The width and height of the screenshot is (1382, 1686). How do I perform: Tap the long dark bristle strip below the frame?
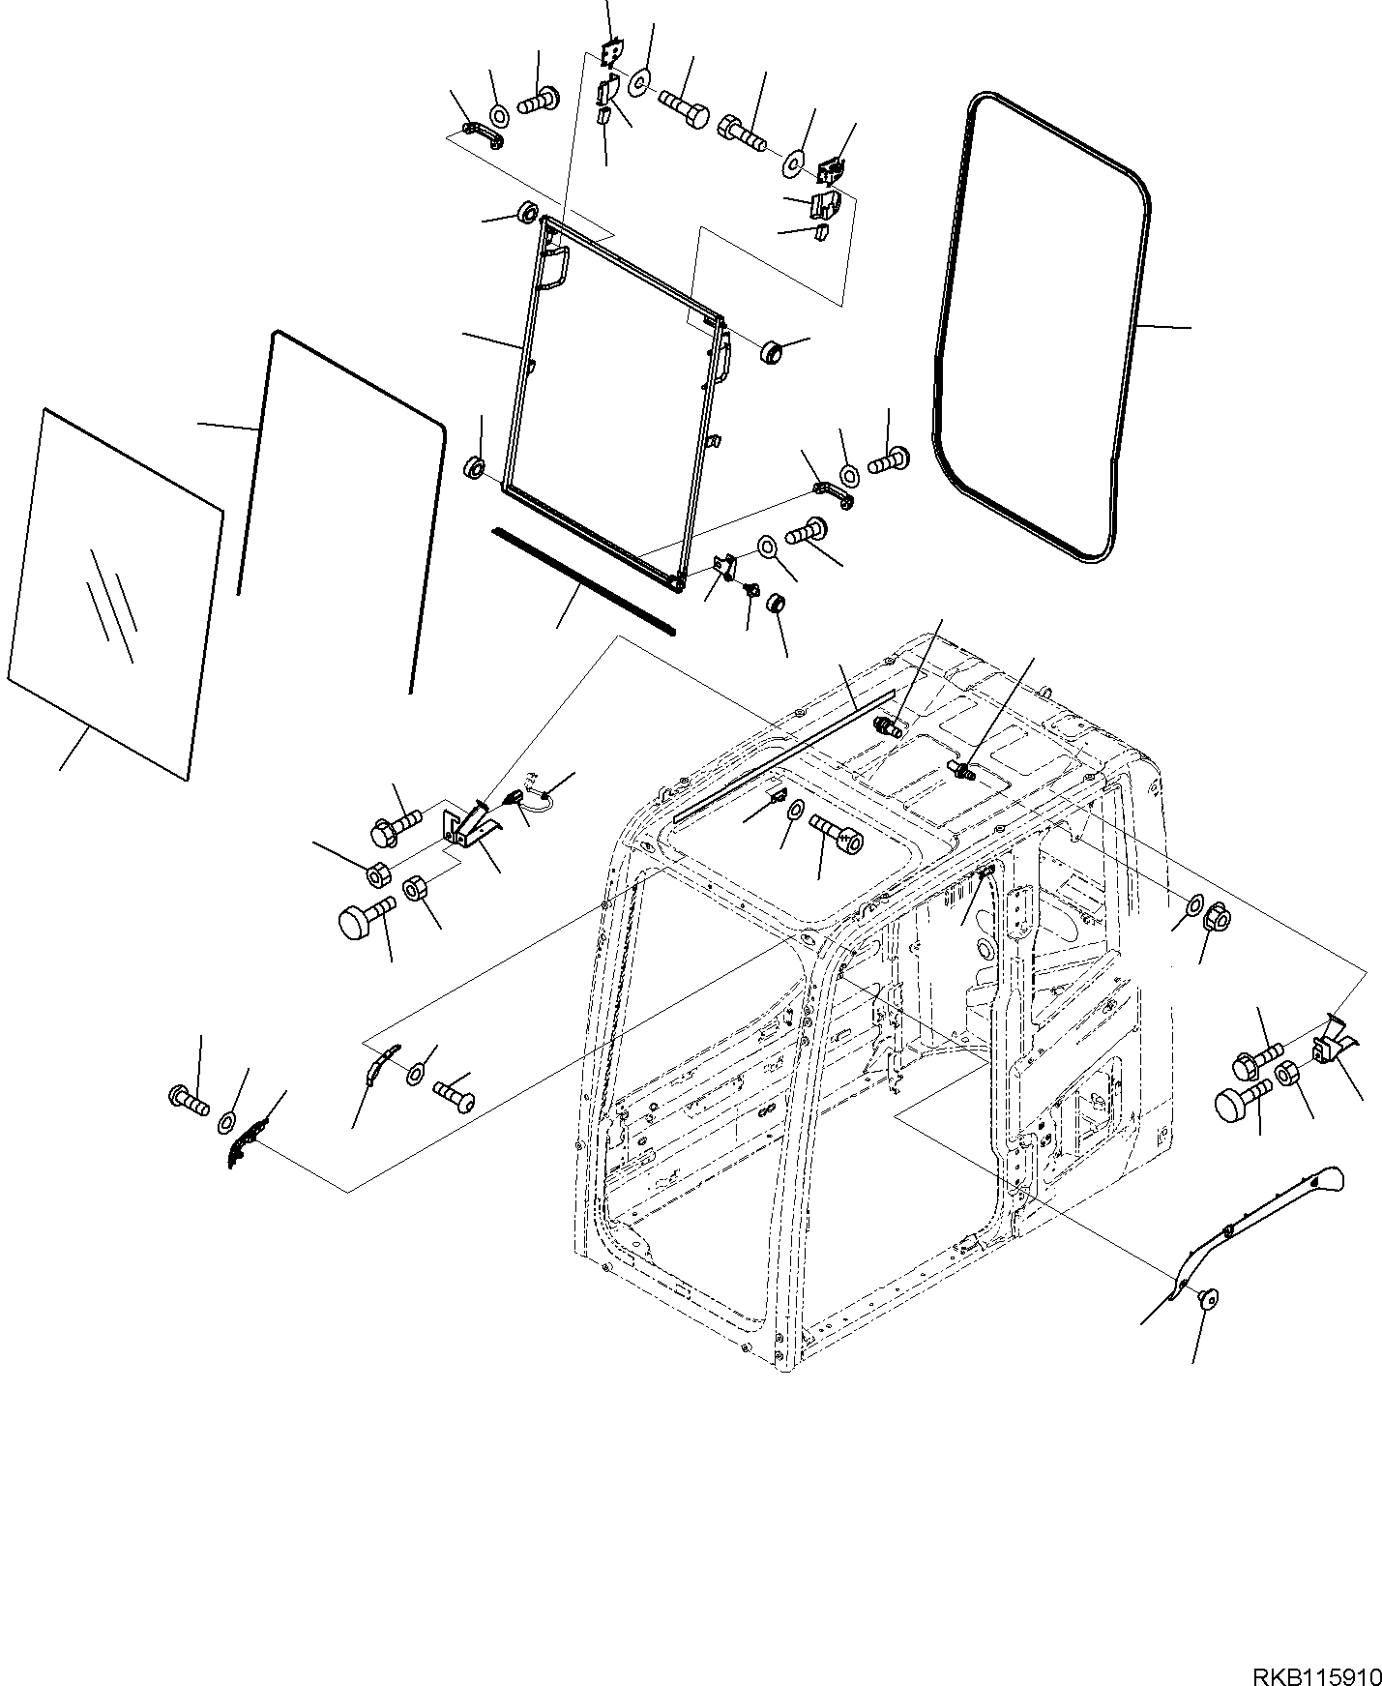(x=583, y=580)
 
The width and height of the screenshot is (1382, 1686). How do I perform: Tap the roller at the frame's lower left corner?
(x=475, y=467)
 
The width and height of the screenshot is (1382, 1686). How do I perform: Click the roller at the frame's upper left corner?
(x=528, y=211)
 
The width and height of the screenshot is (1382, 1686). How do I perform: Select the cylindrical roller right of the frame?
(x=770, y=352)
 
